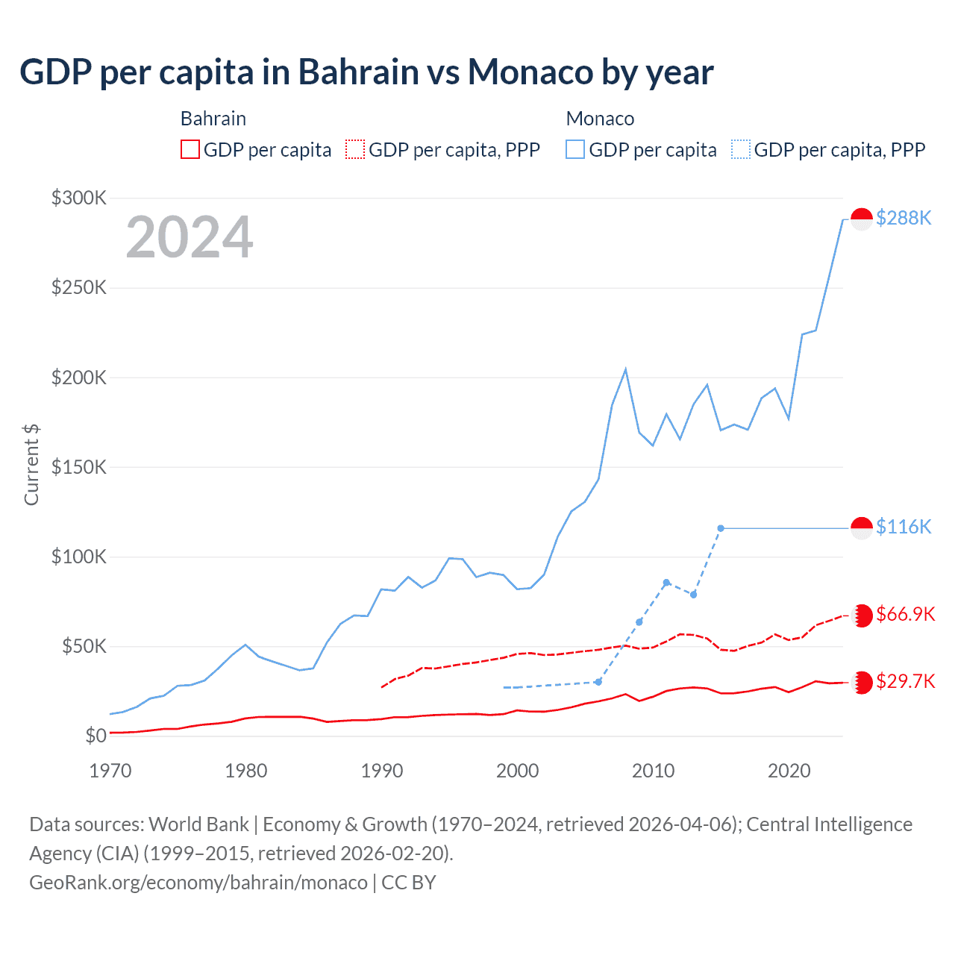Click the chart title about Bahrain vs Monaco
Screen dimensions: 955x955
(x=366, y=72)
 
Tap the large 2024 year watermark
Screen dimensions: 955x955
(x=190, y=237)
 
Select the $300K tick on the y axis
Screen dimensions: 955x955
(x=79, y=198)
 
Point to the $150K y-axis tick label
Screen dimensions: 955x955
(x=79, y=467)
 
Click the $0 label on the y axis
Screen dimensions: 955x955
(x=95, y=736)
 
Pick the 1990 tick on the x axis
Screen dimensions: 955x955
(x=382, y=771)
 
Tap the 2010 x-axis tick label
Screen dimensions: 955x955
(x=653, y=771)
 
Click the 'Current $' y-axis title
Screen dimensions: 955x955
(x=31, y=464)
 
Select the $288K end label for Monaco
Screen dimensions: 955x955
(x=904, y=218)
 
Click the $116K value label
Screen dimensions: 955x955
(x=904, y=527)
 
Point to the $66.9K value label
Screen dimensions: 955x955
(x=905, y=614)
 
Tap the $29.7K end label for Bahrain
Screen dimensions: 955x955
(x=905, y=681)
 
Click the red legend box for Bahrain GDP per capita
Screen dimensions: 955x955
(x=190, y=150)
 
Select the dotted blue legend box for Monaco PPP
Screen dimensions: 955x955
(x=741, y=150)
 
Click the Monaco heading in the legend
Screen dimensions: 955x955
(x=600, y=119)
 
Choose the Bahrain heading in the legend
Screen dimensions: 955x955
(x=213, y=119)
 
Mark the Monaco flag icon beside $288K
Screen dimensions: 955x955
(x=862, y=219)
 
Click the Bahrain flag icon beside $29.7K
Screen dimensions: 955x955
(x=862, y=682)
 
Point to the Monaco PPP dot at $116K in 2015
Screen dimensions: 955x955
(x=721, y=528)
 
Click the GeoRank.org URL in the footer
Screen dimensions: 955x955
(x=198, y=883)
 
